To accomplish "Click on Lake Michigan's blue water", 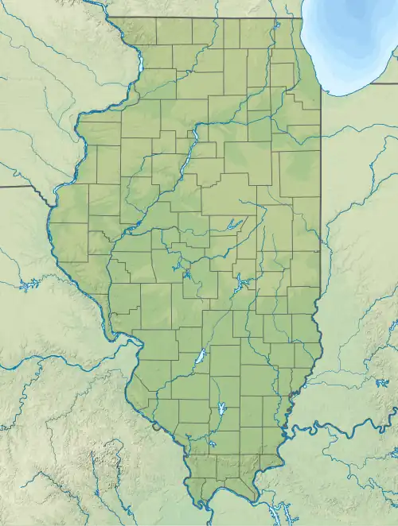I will [354, 40].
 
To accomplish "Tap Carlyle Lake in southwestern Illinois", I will [201, 357].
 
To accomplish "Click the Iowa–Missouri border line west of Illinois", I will [24, 187].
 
